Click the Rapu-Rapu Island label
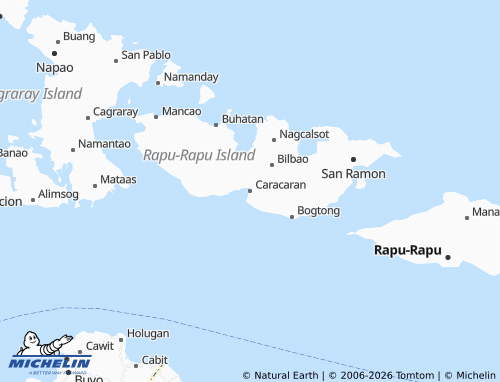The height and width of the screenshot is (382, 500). (199, 155)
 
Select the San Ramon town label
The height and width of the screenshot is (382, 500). (352, 174)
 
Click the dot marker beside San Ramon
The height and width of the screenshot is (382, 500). (352, 159)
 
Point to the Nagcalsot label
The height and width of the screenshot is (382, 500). (304, 134)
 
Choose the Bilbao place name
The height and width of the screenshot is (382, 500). (292, 159)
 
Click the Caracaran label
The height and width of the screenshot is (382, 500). (281, 186)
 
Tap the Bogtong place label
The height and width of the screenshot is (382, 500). (319, 211)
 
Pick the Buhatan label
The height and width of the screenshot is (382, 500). (243, 119)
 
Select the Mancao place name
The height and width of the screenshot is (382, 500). (181, 111)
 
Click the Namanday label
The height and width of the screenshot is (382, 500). (190, 77)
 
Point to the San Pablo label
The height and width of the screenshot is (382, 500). (146, 55)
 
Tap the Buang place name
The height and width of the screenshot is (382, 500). (79, 37)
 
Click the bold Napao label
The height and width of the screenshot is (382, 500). (55, 67)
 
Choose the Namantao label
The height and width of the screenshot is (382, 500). (104, 144)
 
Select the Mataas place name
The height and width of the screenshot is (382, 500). (119, 180)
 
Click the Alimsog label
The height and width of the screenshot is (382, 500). (58, 193)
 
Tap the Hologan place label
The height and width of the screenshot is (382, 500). (148, 333)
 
